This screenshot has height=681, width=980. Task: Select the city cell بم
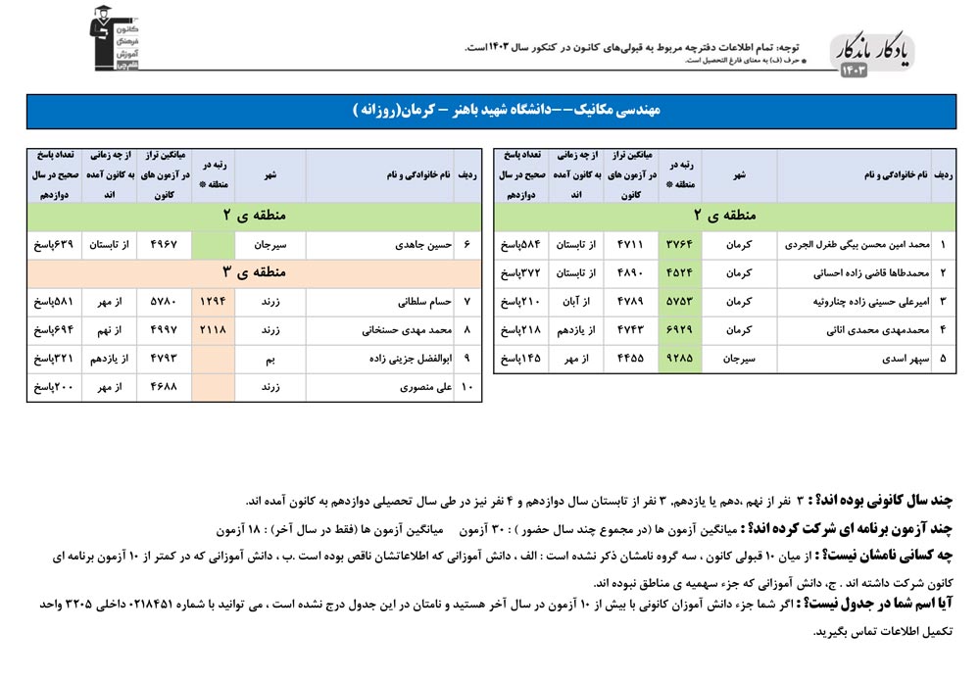269,359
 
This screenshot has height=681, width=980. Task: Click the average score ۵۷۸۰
165,302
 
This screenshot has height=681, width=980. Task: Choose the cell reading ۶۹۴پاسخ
53,330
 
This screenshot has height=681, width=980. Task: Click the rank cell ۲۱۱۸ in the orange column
213,330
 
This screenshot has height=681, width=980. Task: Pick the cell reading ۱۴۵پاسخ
521,359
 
